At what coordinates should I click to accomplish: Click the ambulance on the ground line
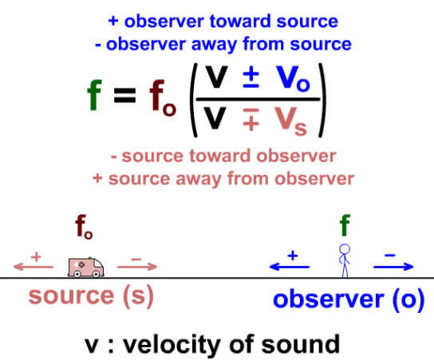pos(86,267)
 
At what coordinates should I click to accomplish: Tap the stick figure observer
pos(345,260)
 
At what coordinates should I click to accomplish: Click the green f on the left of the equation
pos(95,95)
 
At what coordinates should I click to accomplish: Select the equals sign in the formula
pos(124,96)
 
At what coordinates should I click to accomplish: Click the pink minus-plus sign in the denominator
pos(251,120)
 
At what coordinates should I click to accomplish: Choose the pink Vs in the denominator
pos(290,121)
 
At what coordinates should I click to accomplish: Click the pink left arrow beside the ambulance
pos(34,267)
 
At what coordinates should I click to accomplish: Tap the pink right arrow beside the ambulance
pos(137,267)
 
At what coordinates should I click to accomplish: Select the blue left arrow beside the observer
pos(290,267)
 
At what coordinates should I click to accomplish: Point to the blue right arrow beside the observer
pos(393,267)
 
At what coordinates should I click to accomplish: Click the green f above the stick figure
pos(345,225)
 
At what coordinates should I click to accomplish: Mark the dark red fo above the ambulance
pos(84,227)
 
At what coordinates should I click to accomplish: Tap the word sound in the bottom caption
pos(301,344)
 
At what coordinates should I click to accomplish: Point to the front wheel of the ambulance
pos(96,274)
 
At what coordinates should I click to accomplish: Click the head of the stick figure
pos(345,249)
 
